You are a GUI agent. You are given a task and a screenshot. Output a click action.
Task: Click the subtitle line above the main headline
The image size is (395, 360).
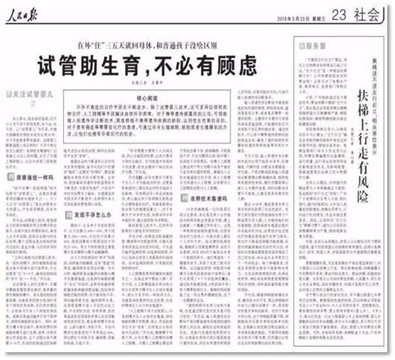158,43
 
